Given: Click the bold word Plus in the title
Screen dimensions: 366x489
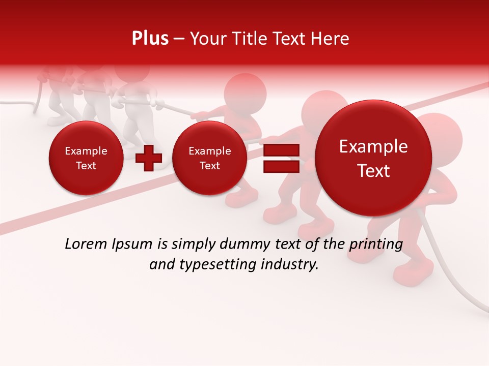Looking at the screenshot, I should [150, 39].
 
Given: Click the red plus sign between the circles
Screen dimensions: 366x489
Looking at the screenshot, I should [149, 158].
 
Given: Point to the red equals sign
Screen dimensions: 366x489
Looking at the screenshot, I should [281, 159].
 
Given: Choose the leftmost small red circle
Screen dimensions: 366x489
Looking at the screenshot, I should [86, 158].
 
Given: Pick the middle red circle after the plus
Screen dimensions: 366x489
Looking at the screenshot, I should [209, 158].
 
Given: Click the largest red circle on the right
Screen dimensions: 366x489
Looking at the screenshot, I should [373, 158].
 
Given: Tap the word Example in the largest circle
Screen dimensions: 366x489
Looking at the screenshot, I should [373, 146].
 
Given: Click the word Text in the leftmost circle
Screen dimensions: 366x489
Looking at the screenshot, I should [86, 166].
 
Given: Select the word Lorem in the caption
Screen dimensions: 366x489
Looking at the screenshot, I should [85, 245].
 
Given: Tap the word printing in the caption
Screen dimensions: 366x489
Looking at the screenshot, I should [376, 245].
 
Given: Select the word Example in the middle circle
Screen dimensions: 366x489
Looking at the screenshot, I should [209, 151].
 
